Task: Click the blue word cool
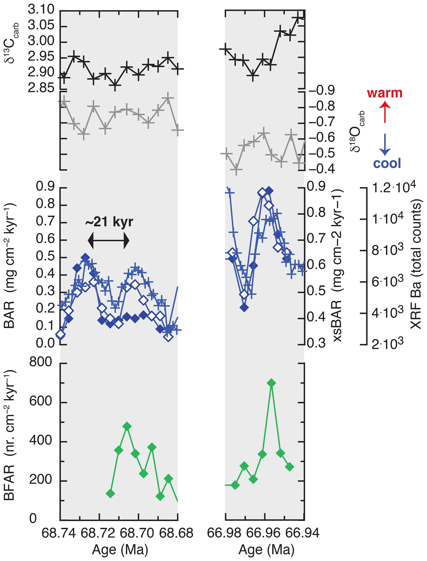pos(387,163)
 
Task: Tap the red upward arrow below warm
pos(385,112)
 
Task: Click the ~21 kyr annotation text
pos(109,222)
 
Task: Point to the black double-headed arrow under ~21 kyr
pos(108,240)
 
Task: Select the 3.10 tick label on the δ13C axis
pos(41,10)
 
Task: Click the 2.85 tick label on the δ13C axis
pos(41,88)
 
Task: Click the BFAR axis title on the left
pos(10,435)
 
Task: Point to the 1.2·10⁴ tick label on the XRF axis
pos(394,187)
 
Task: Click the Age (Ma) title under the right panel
pos(266,550)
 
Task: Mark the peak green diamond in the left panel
pos(127,426)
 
